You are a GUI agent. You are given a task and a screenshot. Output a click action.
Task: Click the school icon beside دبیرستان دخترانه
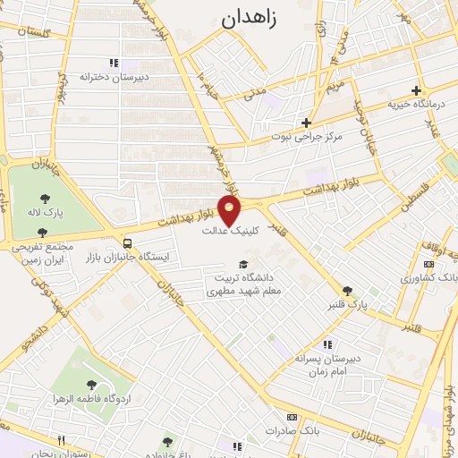(x=113, y=63)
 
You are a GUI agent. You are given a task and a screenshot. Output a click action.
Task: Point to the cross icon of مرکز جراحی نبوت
(x=306, y=123)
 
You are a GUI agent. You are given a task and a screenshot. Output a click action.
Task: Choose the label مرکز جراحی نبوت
(x=307, y=139)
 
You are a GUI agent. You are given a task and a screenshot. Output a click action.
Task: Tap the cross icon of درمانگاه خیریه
(x=416, y=90)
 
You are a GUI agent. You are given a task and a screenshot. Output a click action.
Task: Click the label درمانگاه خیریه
(x=416, y=106)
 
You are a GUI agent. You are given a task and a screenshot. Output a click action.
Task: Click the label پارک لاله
(x=46, y=215)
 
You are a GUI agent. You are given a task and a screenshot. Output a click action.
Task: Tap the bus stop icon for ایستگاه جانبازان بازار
(x=129, y=242)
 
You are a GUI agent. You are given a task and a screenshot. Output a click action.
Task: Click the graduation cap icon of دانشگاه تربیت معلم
(x=244, y=264)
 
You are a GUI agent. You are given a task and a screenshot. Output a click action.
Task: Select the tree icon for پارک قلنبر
(x=347, y=291)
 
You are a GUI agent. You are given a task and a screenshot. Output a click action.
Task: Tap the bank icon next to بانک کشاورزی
(x=428, y=264)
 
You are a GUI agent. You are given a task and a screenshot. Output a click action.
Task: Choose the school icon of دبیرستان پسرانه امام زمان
(x=327, y=344)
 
